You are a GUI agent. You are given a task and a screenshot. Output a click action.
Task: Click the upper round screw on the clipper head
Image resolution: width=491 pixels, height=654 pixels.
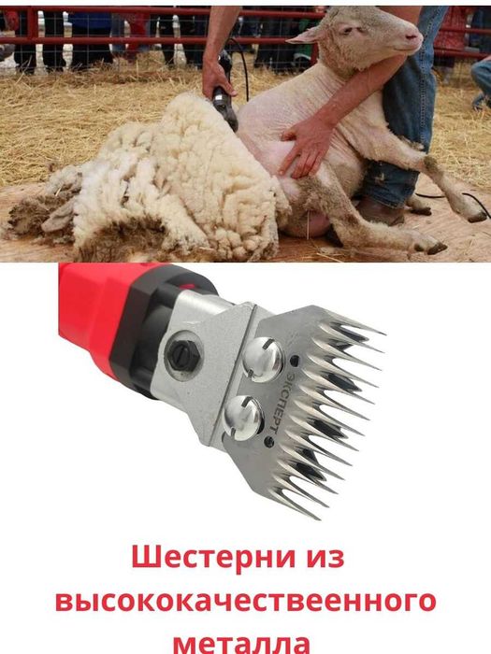[x=259, y=354]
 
